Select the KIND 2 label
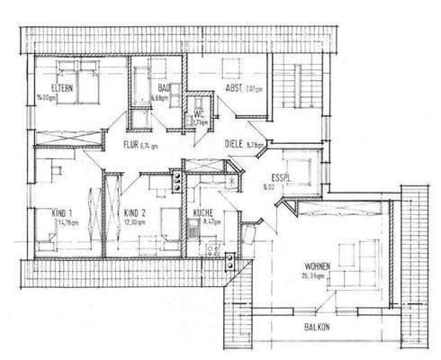tap(134, 212)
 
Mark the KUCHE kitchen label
tap(202, 212)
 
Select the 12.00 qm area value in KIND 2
tap(135, 222)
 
